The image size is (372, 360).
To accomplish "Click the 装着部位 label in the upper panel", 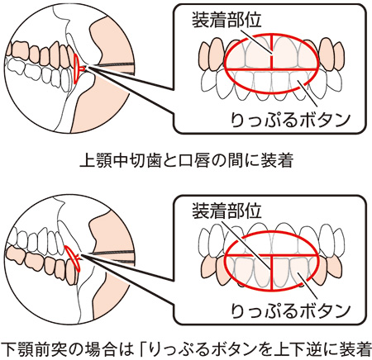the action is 227,21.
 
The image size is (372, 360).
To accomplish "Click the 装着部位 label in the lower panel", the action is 227,211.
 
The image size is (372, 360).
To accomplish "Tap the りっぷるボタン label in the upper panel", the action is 291,120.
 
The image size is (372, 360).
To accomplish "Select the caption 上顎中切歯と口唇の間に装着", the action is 186,160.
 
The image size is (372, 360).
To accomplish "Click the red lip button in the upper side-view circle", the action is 78,69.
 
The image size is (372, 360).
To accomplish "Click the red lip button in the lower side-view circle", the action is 74,258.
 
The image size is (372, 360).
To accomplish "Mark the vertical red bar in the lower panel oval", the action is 272,272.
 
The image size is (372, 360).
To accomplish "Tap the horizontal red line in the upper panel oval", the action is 271,69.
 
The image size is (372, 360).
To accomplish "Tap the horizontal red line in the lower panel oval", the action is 271,255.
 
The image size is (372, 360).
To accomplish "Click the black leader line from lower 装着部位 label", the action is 246,245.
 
